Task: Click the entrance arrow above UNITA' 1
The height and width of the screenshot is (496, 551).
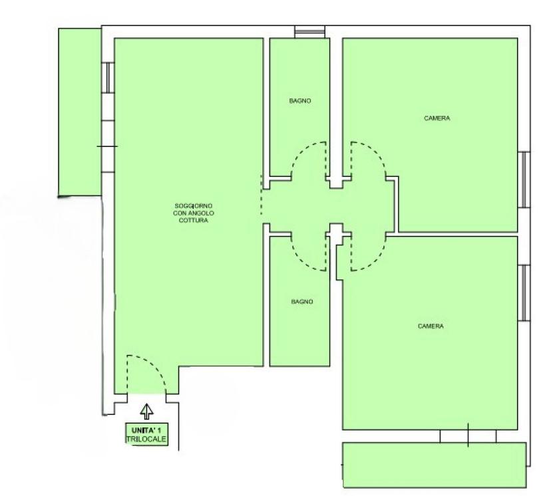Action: coord(146,411)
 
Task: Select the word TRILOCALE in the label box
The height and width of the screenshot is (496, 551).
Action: coord(146,439)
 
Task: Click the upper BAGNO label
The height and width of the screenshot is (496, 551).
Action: coord(299,101)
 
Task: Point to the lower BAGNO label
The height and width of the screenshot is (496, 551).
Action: coord(302,302)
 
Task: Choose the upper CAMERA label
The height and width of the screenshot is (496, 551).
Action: coord(437,118)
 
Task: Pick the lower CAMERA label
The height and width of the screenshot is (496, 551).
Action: coord(431,326)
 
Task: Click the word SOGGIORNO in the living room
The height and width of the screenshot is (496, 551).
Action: coord(193,205)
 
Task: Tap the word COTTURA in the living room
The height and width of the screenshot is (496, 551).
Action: coord(193,221)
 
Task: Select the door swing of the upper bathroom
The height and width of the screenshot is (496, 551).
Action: coord(301,151)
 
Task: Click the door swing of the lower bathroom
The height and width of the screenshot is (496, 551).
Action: coord(301,261)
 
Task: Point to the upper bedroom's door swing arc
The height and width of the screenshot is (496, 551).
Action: coord(376,151)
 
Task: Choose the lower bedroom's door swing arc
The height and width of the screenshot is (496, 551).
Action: coord(376,261)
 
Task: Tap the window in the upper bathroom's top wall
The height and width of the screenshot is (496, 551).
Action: coord(309,32)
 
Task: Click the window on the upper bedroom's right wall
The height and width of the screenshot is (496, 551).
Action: coord(524,180)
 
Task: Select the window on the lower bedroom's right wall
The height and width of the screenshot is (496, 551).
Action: coord(524,293)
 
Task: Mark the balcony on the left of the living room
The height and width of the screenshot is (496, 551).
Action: coord(80,112)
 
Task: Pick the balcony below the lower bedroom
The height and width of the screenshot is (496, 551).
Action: coord(435,465)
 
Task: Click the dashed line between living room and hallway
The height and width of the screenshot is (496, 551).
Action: coord(261,195)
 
